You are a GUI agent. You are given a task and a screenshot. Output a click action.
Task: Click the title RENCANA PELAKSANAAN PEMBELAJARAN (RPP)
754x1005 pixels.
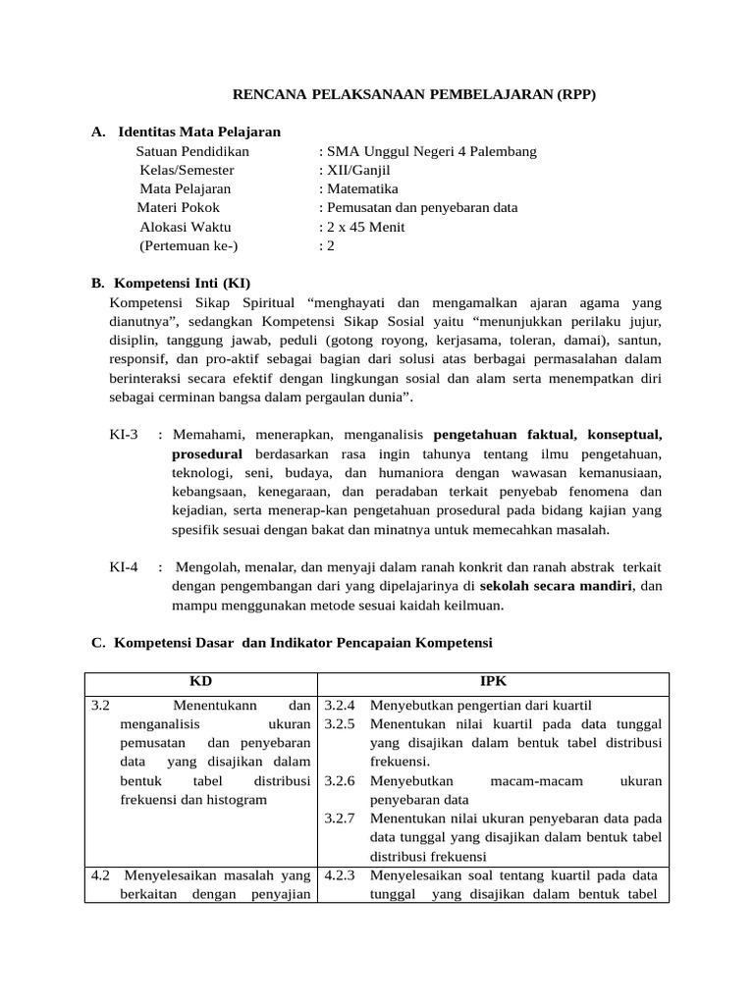(413, 94)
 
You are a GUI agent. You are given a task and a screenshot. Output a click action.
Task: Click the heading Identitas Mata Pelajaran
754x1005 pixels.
(198, 132)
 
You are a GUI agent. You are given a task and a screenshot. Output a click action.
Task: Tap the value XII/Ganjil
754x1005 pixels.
(354, 170)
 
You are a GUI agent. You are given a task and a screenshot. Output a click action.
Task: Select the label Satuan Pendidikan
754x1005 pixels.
(192, 151)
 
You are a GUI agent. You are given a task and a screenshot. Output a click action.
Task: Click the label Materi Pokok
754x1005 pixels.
(178, 207)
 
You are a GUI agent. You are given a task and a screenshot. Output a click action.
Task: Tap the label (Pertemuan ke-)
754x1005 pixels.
(188, 245)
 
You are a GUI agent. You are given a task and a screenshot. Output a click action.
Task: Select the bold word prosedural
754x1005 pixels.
(206, 454)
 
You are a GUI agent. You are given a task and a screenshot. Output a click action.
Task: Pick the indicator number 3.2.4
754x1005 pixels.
(340, 705)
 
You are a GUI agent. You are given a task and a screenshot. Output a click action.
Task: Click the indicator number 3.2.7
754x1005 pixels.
(340, 818)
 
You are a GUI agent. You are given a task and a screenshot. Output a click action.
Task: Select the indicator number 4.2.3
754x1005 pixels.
(340, 874)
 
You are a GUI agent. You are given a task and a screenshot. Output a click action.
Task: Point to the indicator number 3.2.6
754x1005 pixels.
(340, 780)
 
